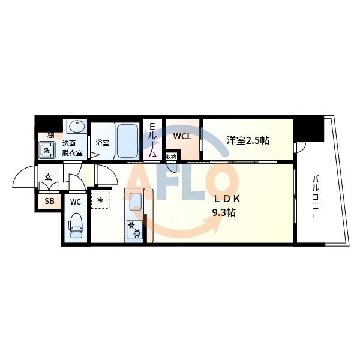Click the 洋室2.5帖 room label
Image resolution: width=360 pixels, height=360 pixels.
[247, 141]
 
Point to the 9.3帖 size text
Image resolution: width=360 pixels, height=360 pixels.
[223, 212]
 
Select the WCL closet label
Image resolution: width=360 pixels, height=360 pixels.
[182, 136]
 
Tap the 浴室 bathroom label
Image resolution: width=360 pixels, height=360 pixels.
[102, 143]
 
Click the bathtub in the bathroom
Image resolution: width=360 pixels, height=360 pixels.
[127, 142]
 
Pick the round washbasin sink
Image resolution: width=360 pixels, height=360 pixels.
[76, 127]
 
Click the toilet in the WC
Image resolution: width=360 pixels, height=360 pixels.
[76, 226]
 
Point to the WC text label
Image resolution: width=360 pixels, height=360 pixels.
[75, 202]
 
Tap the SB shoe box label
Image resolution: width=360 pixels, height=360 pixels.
[49, 202]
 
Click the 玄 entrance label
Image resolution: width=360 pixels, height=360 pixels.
[47, 177]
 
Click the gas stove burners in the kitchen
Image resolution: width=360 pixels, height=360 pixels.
[134, 230]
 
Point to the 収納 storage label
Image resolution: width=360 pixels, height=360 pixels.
[171, 157]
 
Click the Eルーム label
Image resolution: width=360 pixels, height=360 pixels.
[152, 140]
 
